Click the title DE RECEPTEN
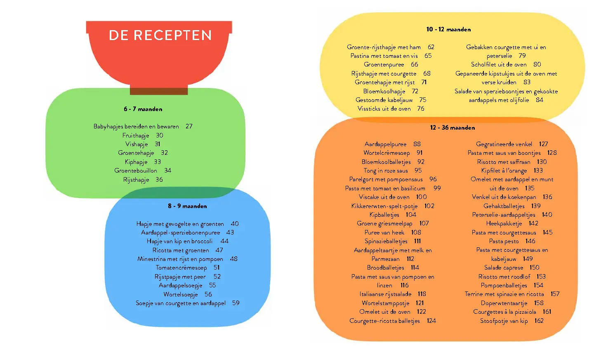pos(160,36)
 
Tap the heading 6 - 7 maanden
pos(143,109)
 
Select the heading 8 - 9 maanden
pos(187,206)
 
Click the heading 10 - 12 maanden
pos(448,29)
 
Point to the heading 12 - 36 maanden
pos(453,128)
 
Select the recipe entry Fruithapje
pos(135,135)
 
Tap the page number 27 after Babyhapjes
pos(189,126)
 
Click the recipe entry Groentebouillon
pos(135,171)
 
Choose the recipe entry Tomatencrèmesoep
pos(181,268)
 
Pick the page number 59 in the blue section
pos(236,303)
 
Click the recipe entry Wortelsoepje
pos(181,294)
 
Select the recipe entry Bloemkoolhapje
pos(384,91)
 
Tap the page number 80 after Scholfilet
pos(537,64)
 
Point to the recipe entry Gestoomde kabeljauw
pos(384,100)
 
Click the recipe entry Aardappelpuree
pos(385,144)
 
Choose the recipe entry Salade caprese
pos(504,268)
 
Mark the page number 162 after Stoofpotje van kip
pos(539,321)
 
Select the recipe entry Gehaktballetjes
pos(504,206)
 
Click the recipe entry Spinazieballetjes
pos(386,242)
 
